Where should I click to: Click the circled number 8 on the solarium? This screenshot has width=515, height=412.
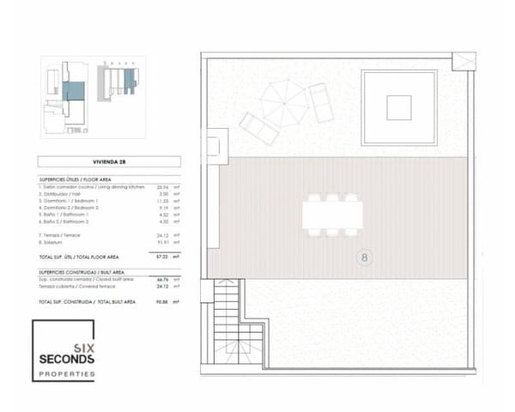coord(364,256)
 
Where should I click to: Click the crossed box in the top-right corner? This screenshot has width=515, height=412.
coord(463,62)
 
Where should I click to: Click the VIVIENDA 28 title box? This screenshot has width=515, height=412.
coord(109,161)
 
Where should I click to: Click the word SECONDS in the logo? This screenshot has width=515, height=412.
coord(67,358)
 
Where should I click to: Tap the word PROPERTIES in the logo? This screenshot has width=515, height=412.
coord(67,373)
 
